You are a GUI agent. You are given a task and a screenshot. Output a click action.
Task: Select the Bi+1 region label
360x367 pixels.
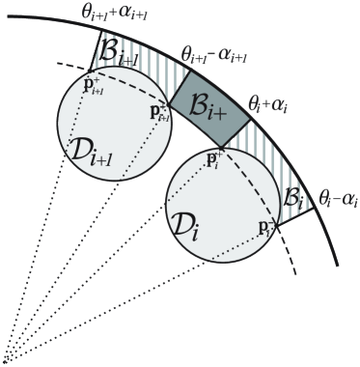(122, 58)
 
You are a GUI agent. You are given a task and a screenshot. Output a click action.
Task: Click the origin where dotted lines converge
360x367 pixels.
(7, 360)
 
